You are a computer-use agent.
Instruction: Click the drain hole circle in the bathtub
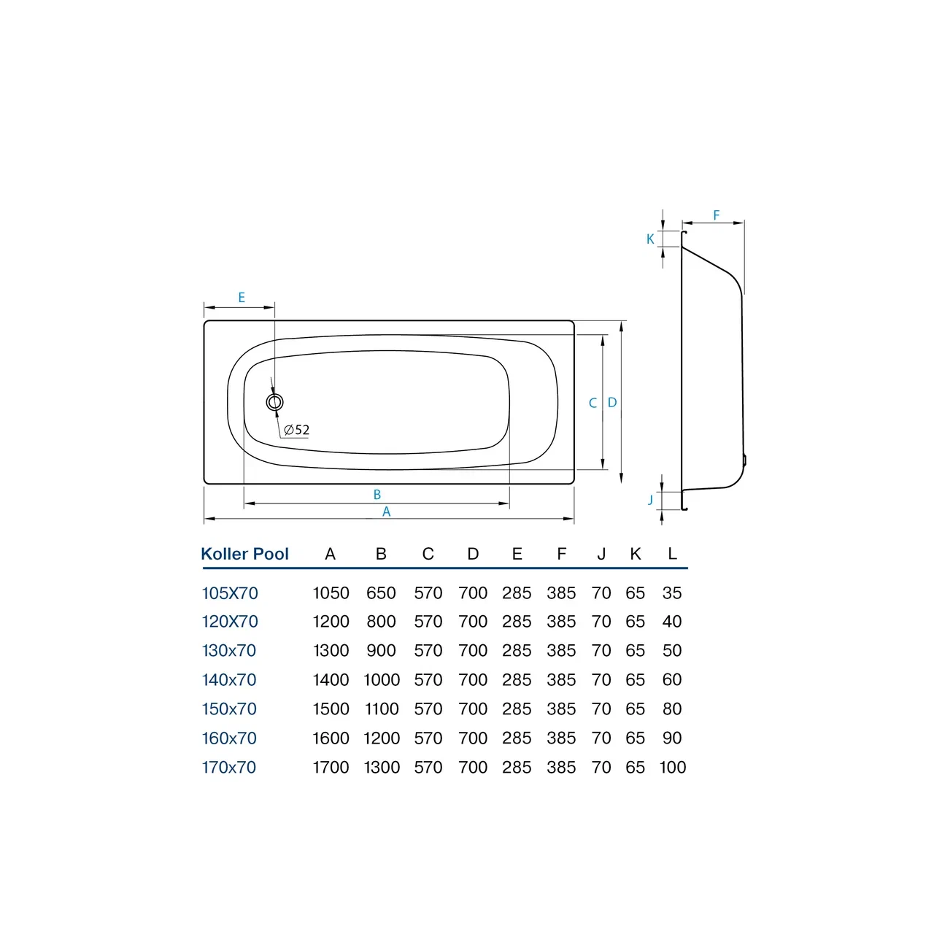(275, 402)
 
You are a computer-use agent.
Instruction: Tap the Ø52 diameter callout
(297, 430)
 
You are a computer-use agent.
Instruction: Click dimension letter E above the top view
(242, 298)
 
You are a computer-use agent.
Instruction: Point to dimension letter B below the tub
(377, 495)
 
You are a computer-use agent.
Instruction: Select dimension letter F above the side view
(717, 215)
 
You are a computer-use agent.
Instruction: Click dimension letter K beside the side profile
(650, 239)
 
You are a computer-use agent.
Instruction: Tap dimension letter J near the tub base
(650, 500)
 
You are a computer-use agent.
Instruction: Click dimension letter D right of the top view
(612, 403)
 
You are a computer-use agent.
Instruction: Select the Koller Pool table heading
(245, 554)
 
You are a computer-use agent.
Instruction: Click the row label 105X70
(230, 593)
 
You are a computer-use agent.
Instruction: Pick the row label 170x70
(229, 768)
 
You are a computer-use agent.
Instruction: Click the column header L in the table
(672, 554)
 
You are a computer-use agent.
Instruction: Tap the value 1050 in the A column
(331, 593)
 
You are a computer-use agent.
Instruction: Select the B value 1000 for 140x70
(382, 680)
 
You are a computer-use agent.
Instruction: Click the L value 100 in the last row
(672, 768)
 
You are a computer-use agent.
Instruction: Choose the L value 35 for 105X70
(672, 593)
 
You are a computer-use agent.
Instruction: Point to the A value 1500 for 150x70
(331, 709)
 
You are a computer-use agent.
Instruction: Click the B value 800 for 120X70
(381, 622)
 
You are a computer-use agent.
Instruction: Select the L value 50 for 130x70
(672, 651)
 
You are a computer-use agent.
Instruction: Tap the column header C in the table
(428, 554)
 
